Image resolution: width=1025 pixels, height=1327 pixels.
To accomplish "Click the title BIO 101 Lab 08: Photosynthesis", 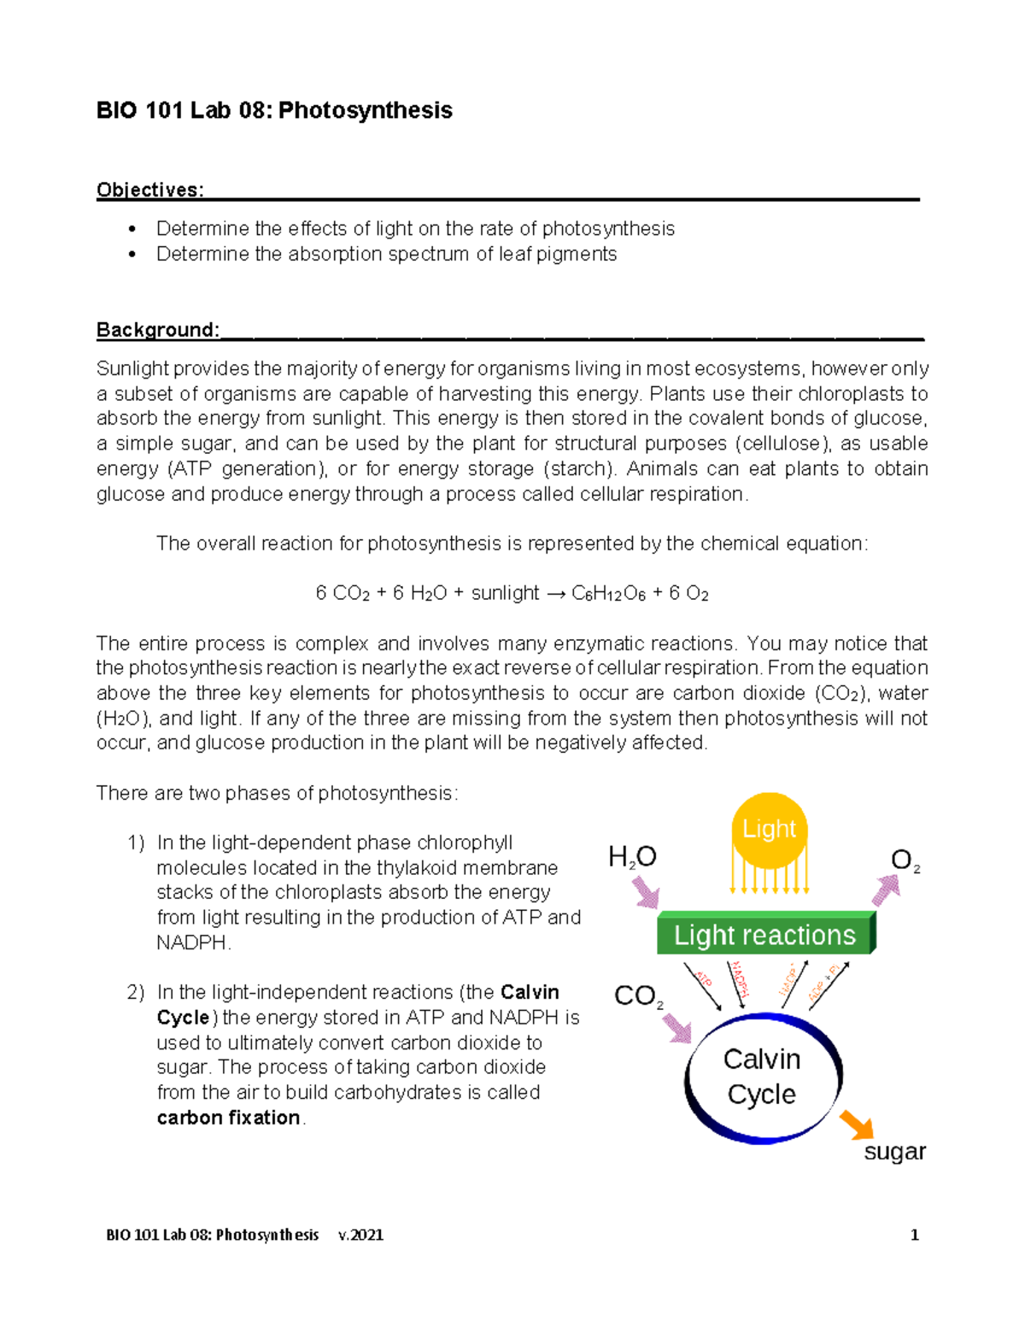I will click(x=274, y=110).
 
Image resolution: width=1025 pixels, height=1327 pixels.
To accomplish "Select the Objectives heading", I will click(x=149, y=190).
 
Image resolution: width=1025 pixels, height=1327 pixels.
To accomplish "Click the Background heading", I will click(x=158, y=330).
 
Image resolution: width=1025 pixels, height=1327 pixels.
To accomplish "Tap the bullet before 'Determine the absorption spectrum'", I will click(x=132, y=255).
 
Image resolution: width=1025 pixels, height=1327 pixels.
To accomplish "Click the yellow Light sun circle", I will click(x=769, y=830).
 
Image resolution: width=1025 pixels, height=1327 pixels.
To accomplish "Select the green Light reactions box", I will click(x=764, y=935).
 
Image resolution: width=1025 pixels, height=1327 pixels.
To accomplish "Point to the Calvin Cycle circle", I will click(x=762, y=1077).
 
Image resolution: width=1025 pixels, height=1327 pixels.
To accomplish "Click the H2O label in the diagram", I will click(x=632, y=857).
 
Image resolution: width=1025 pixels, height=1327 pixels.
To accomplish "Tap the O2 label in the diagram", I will click(x=905, y=860).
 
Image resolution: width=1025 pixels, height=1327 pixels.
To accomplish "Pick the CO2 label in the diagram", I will click(x=638, y=996).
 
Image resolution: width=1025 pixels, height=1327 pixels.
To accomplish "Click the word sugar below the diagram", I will click(x=894, y=1152).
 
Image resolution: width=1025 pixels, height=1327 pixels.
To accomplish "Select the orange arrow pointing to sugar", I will click(x=857, y=1124).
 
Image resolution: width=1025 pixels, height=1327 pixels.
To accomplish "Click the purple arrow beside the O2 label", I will click(x=886, y=890).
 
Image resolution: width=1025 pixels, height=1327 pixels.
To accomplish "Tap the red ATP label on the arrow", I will click(x=704, y=979).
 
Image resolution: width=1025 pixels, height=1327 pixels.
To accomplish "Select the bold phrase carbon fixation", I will click(x=228, y=1118).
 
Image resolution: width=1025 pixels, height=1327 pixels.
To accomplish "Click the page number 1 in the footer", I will click(x=914, y=1235).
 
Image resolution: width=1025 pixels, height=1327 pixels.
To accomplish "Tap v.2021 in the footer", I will click(x=360, y=1235).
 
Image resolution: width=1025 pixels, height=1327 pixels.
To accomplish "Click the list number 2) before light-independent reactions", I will click(x=136, y=993).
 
